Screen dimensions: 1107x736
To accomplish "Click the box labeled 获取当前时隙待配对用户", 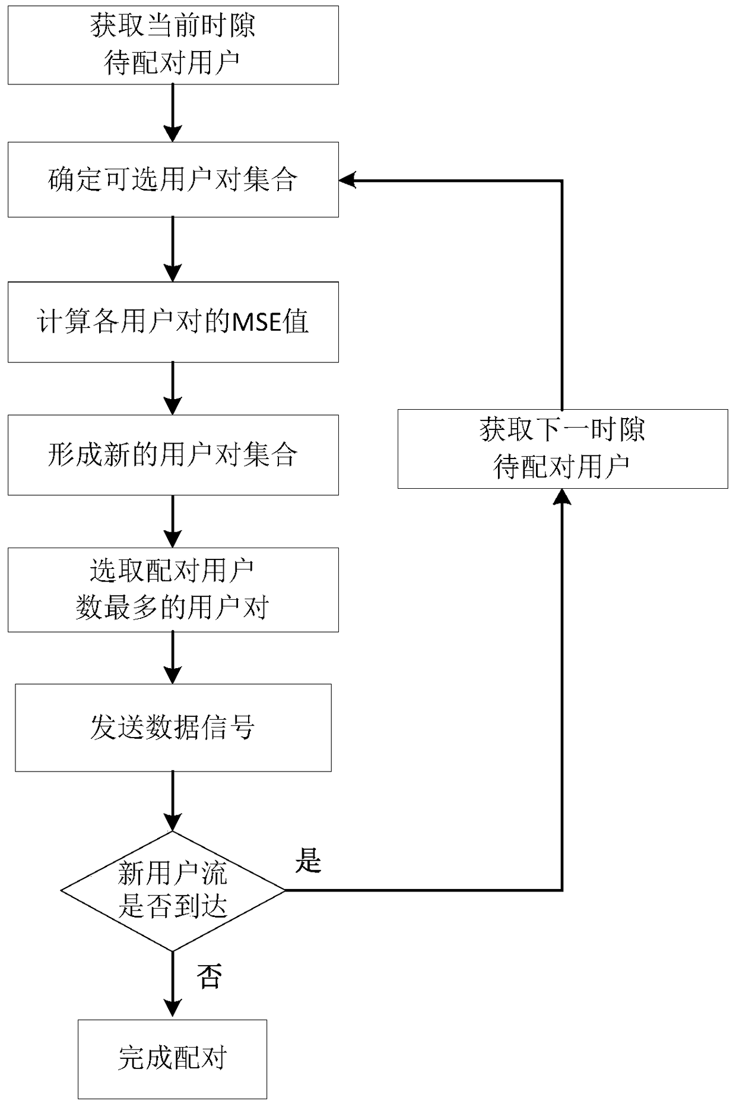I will [173, 45].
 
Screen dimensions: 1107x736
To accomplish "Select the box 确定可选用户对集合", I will [173, 179].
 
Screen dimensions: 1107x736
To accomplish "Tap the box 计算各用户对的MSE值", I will [173, 322].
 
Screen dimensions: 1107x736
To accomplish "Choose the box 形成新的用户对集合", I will [173, 455].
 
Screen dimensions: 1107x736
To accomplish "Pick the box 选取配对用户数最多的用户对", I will [173, 589].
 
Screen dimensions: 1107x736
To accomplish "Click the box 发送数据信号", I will [173, 728].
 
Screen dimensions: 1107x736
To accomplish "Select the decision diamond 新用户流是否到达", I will [173, 890].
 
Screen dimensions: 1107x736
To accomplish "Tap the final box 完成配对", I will [172, 1058].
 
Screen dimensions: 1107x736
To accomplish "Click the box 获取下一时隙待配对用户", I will [562, 449].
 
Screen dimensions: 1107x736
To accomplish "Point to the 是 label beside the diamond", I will [308, 860].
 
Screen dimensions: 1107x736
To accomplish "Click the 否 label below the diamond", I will [209, 976].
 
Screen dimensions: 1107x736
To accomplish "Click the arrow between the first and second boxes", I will [173, 113].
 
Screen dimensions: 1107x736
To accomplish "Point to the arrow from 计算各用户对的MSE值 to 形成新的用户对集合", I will [173, 388].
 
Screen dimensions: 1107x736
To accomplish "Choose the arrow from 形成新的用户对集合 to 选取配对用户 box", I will [173, 521].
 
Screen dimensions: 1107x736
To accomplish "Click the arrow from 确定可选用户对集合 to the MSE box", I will [173, 249].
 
